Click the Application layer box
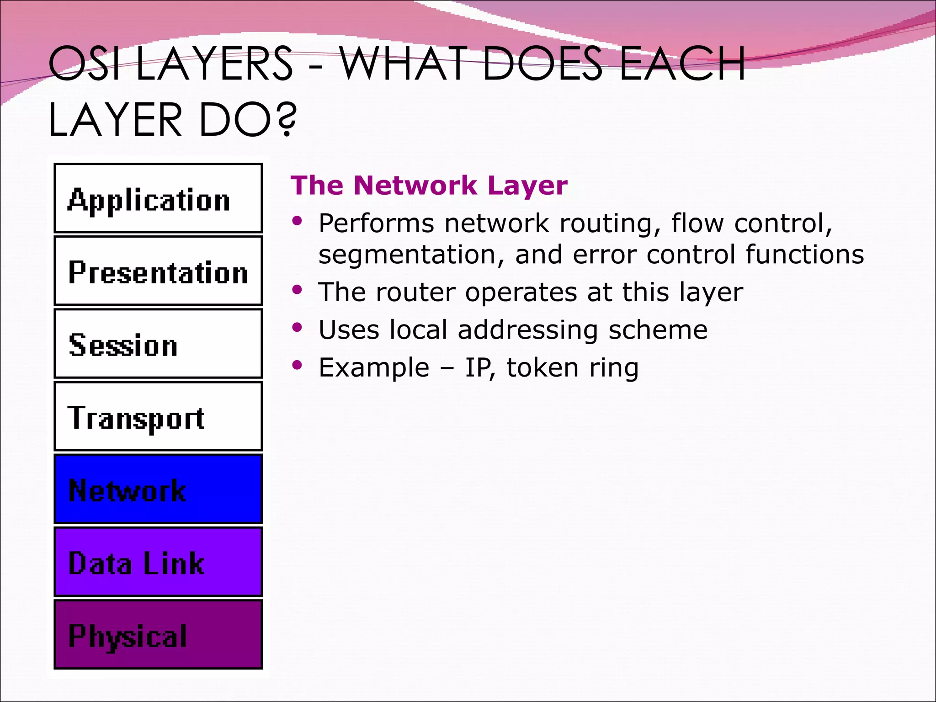point(158,198)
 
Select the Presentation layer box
point(158,271)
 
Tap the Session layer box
point(158,343)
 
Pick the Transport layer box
point(158,416)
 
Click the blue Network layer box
point(158,489)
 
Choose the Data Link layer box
point(158,562)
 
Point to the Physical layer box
point(158,634)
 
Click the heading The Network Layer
point(429,186)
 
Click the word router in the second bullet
point(415,292)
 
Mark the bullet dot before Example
point(298,365)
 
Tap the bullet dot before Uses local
point(298,327)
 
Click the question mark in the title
point(287,120)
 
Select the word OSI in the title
point(84,64)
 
